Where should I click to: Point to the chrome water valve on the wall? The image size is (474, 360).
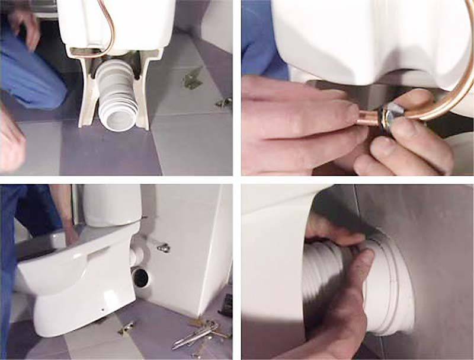pos(162,246)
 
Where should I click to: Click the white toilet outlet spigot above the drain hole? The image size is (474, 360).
pos(137,254)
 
